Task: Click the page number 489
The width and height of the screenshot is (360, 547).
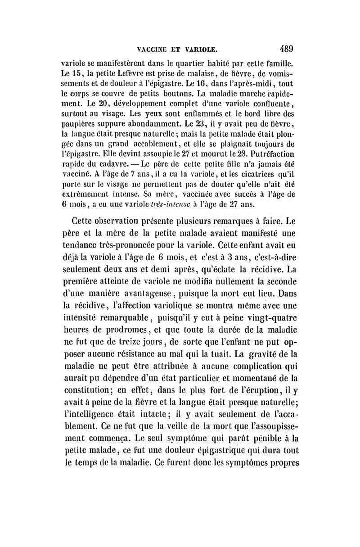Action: (x=286, y=48)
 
